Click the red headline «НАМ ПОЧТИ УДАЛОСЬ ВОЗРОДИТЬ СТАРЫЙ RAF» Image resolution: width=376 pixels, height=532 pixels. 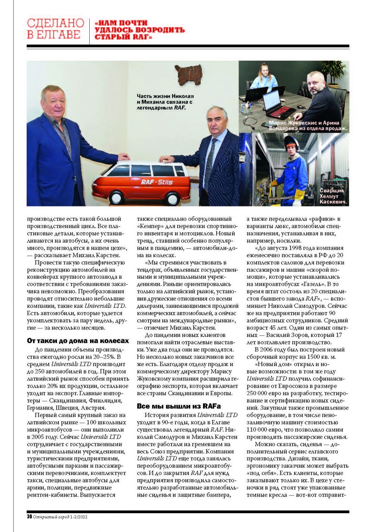[140, 30]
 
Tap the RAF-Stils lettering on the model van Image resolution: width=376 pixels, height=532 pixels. [157, 182]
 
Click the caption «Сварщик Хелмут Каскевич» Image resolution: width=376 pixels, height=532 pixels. [332, 196]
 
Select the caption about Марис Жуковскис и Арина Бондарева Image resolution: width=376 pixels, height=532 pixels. [307, 126]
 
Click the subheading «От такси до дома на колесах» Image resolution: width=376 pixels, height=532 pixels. [78, 341]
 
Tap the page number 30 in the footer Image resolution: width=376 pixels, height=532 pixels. [29, 517]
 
